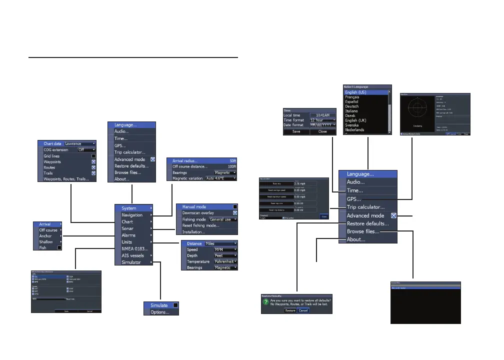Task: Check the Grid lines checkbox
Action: (x=93, y=156)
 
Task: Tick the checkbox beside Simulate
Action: (x=175, y=305)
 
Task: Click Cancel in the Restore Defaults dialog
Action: (x=303, y=310)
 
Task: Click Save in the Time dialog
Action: (x=296, y=132)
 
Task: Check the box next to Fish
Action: (x=59, y=247)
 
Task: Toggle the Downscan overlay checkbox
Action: (x=235, y=212)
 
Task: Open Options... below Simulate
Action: (x=160, y=312)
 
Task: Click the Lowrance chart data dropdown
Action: (x=79, y=143)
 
